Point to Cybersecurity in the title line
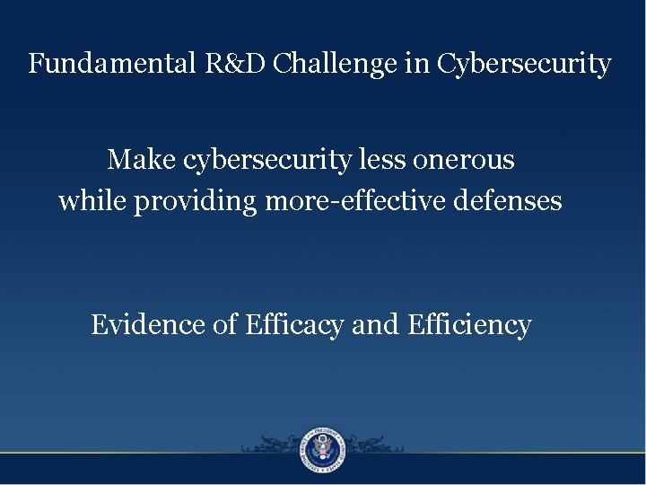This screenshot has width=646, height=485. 525,65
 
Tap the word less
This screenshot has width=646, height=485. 382,160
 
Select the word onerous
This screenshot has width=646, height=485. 464,160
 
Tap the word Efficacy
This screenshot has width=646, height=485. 292,325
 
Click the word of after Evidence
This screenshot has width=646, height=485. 224,324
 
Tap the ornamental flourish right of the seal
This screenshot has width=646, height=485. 377,445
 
